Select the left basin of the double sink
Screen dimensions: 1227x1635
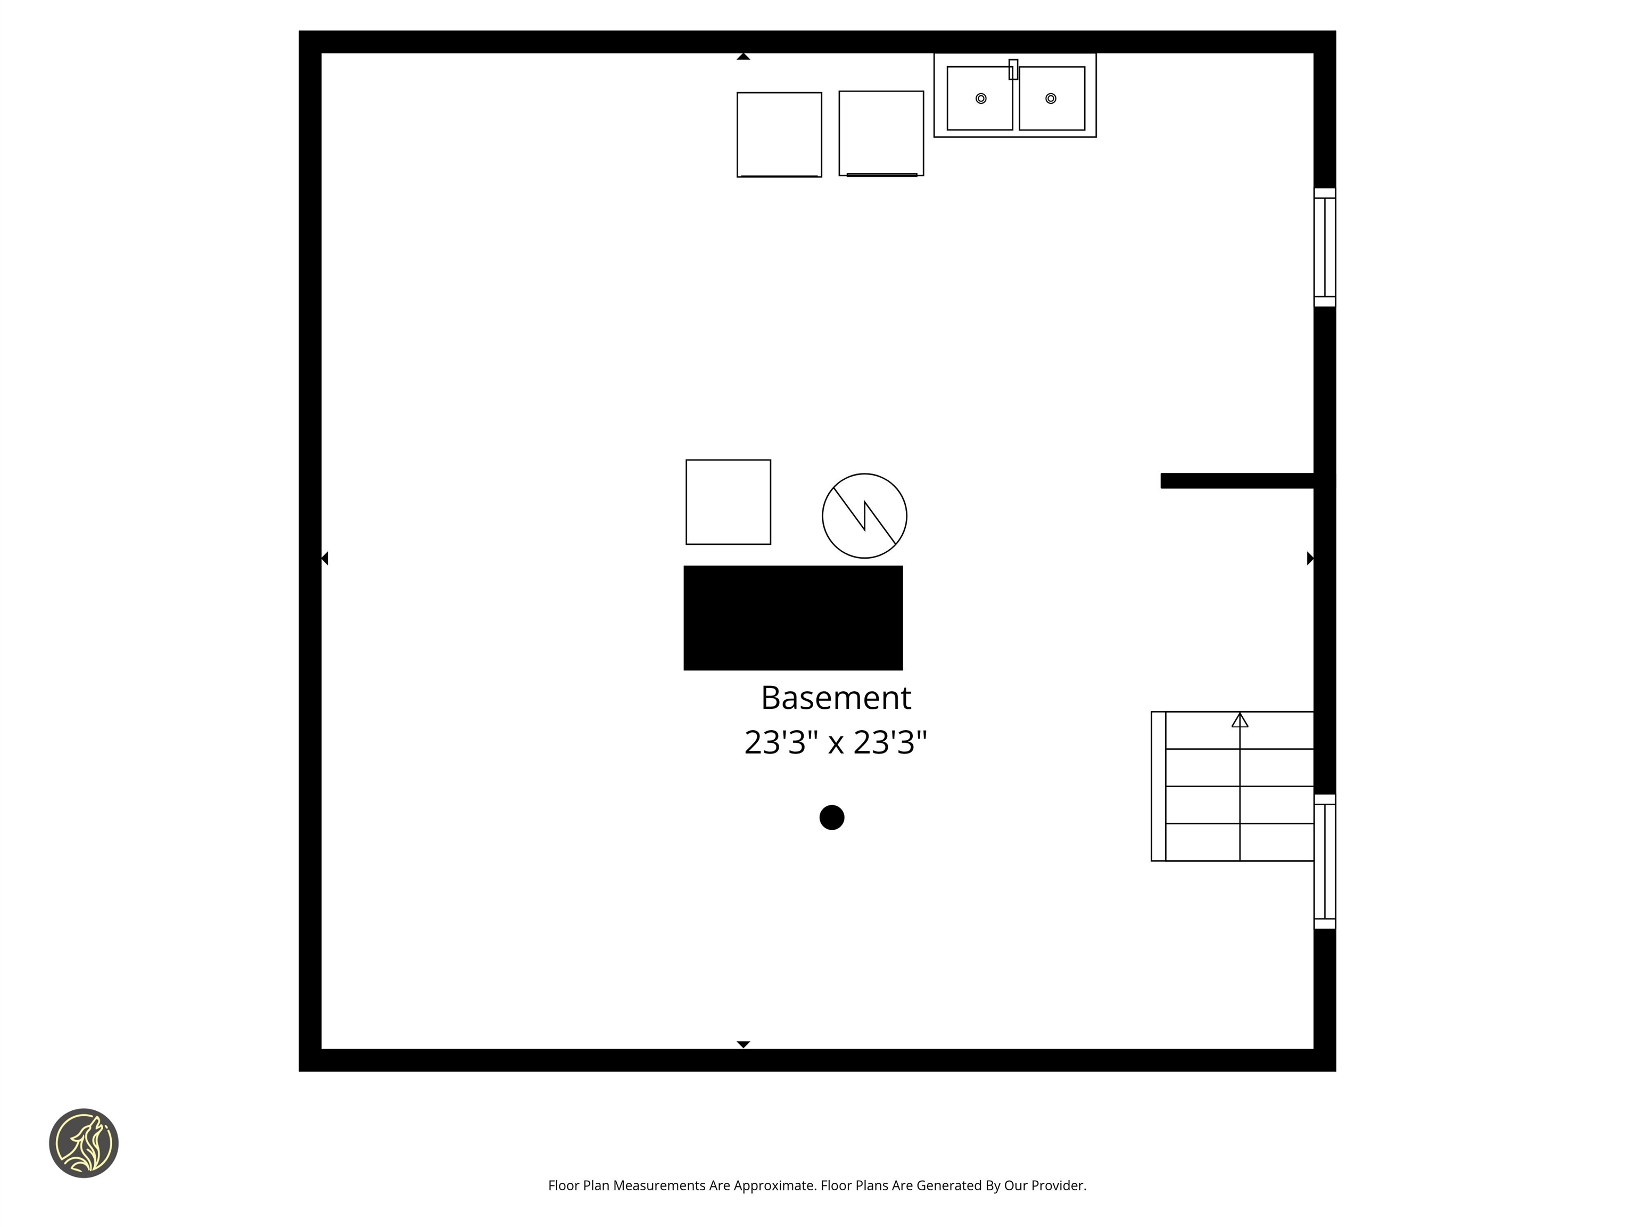pyautogui.click(x=979, y=99)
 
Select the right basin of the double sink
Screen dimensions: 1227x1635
pyautogui.click(x=1052, y=99)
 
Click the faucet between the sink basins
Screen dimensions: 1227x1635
pyautogui.click(x=1013, y=70)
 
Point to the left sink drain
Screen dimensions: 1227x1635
pyautogui.click(x=981, y=99)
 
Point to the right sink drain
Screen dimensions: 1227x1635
pyautogui.click(x=1050, y=99)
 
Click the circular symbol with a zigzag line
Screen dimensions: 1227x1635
pyautogui.click(x=864, y=516)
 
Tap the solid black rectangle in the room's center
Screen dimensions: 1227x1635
pyautogui.click(x=792, y=618)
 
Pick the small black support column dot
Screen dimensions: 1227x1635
pyautogui.click(x=831, y=817)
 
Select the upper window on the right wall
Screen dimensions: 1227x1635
pyautogui.click(x=1325, y=247)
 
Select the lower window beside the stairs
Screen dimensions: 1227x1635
pyautogui.click(x=1325, y=861)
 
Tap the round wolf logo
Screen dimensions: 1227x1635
pyautogui.click(x=84, y=1143)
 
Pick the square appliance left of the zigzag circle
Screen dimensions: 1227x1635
pyautogui.click(x=728, y=502)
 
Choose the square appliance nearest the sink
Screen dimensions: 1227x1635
pyautogui.click(x=881, y=133)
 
